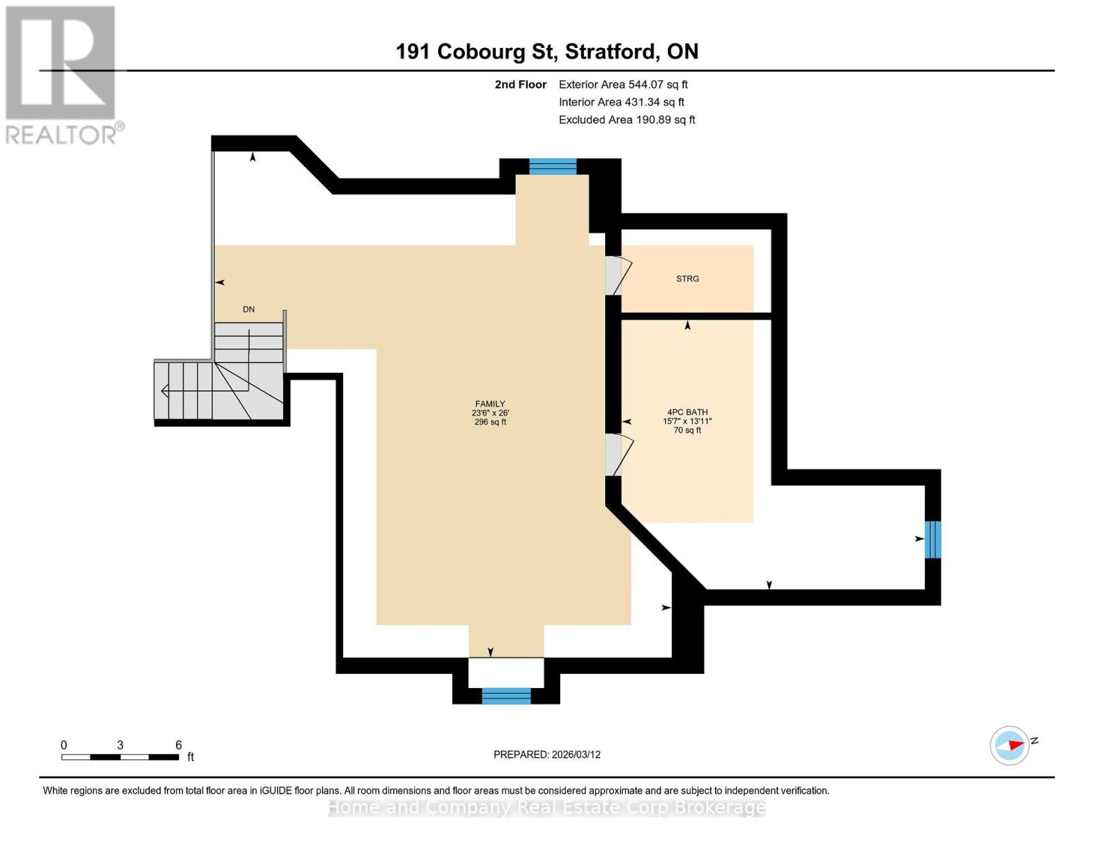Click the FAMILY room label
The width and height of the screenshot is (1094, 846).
pyautogui.click(x=490, y=404)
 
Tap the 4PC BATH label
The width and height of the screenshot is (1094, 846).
pyautogui.click(x=687, y=412)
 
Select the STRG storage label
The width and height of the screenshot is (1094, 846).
pyautogui.click(x=687, y=279)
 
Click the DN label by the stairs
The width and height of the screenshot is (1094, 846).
pyautogui.click(x=249, y=309)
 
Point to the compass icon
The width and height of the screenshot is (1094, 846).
pyautogui.click(x=1009, y=745)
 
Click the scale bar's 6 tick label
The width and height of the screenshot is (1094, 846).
pyautogui.click(x=178, y=745)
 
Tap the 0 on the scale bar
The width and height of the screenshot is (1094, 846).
pyautogui.click(x=64, y=745)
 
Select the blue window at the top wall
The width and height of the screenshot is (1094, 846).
pyautogui.click(x=552, y=166)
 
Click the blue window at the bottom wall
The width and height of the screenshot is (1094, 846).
pyautogui.click(x=506, y=696)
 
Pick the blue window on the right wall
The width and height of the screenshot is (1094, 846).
pyautogui.click(x=932, y=539)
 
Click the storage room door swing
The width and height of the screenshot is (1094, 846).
pyautogui.click(x=619, y=276)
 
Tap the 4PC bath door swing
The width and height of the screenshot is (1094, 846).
pyautogui.click(x=620, y=455)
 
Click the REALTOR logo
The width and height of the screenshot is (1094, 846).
pyautogui.click(x=62, y=75)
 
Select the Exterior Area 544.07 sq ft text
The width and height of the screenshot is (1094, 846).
pyautogui.click(x=623, y=85)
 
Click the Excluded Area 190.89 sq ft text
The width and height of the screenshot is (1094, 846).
pyautogui.click(x=626, y=120)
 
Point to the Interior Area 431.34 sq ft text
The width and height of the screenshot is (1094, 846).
pyautogui.click(x=621, y=102)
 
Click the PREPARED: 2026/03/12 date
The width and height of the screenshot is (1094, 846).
pyautogui.click(x=547, y=754)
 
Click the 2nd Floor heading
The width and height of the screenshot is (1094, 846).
pyautogui.click(x=520, y=85)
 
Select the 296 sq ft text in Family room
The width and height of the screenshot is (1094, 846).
pyautogui.click(x=490, y=422)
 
